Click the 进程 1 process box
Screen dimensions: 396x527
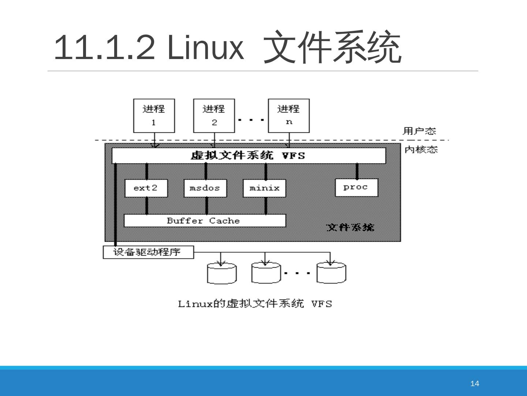(154, 115)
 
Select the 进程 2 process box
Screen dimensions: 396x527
(214, 115)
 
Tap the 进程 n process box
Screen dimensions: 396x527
(289, 115)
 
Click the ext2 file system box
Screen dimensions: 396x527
(146, 188)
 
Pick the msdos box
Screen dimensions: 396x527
(205, 188)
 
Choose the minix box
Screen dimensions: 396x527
(264, 188)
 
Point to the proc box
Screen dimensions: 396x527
(356, 187)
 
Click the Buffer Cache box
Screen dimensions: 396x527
(205, 221)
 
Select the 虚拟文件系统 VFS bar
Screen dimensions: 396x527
(248, 155)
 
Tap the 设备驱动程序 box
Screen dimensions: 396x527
(148, 252)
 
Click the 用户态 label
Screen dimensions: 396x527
(419, 131)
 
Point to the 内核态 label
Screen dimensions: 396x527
(421, 150)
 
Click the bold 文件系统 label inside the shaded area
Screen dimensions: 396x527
(350, 227)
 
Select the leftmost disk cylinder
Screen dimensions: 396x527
(222, 274)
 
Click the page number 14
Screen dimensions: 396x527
(474, 384)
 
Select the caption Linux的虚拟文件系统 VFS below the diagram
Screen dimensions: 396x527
(255, 304)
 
